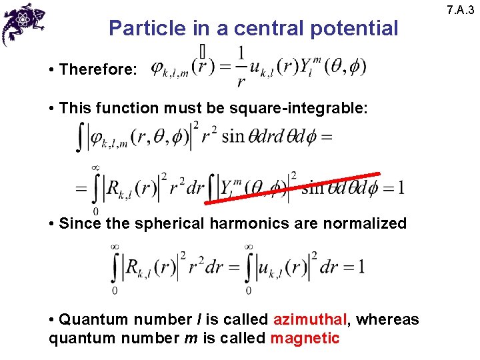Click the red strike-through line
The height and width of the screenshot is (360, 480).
[294, 185]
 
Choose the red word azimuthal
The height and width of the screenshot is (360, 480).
[311, 320]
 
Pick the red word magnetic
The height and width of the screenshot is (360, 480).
[305, 338]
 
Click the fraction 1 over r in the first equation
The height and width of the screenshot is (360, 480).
[240, 67]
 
